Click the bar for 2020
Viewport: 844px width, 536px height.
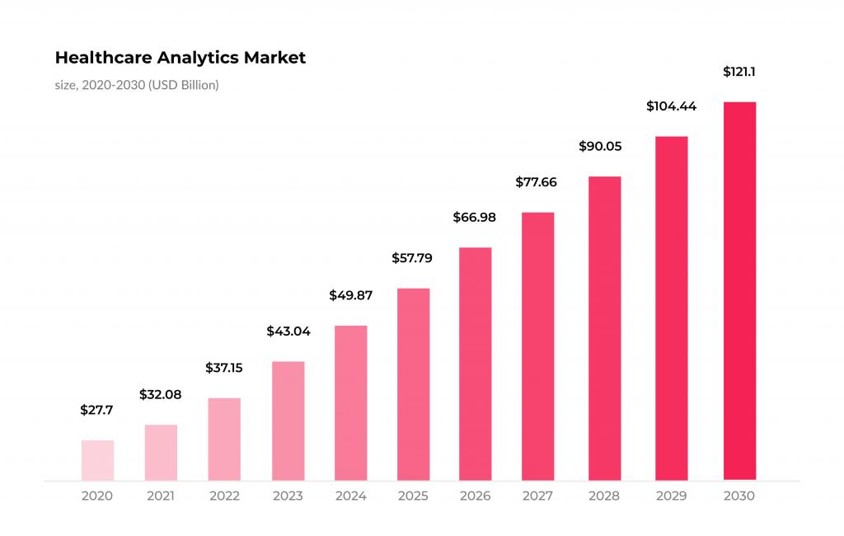click(x=97, y=460)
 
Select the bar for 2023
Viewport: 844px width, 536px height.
click(x=288, y=421)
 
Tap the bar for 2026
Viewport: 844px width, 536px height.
click(x=476, y=364)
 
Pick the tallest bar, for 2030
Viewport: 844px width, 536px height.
click(x=739, y=290)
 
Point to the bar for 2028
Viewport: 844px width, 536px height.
click(x=604, y=328)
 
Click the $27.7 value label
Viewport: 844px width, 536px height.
click(x=97, y=410)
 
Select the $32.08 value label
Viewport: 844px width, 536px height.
click(x=160, y=394)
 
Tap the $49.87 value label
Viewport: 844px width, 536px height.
click(x=350, y=294)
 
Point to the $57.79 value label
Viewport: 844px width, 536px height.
click(x=411, y=258)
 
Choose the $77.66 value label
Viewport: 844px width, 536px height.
click(x=537, y=182)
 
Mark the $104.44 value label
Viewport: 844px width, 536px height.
click(x=672, y=106)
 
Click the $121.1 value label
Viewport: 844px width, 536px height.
click(x=739, y=72)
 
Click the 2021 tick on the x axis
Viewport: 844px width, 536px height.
click(x=162, y=496)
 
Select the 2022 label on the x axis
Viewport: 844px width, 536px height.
click(x=224, y=496)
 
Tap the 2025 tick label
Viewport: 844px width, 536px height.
click(x=413, y=496)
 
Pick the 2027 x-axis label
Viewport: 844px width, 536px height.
click(x=538, y=496)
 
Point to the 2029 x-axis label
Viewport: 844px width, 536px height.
click(x=672, y=496)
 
